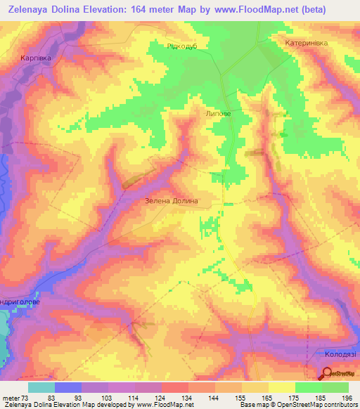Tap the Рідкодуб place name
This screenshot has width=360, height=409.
click(183, 44)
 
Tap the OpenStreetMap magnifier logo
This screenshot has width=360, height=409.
click(328, 373)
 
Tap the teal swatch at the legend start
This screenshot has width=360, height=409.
click(41, 387)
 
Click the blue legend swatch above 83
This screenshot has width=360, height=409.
click(68, 387)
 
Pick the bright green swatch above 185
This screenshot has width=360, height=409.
click(309, 387)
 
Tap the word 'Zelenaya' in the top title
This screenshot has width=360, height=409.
click(34, 8)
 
